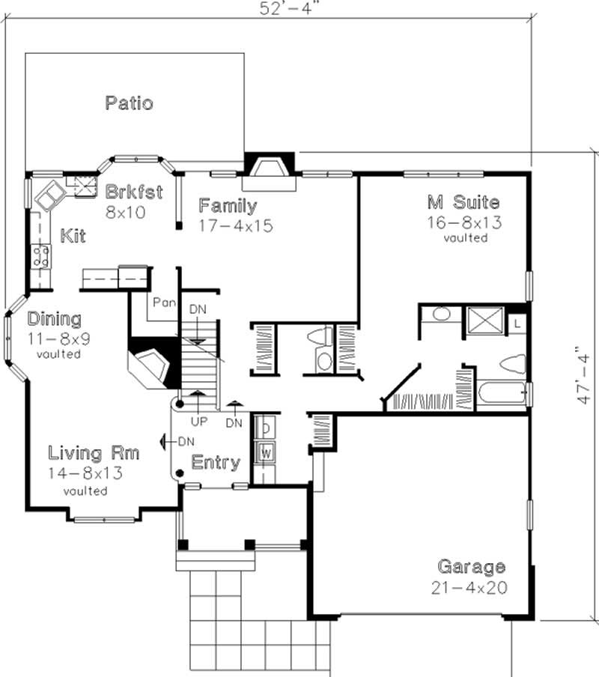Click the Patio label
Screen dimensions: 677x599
(129, 103)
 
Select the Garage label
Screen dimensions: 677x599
(471, 566)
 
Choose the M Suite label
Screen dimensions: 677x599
(463, 201)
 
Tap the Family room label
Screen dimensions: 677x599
(228, 205)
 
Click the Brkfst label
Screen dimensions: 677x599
(134, 191)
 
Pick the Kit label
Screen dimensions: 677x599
(73, 237)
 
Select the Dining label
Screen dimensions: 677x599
(55, 319)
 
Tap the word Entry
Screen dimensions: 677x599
(216, 462)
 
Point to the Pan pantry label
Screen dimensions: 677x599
(163, 303)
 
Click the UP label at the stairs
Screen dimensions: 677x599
(198, 422)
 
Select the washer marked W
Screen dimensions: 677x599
(264, 452)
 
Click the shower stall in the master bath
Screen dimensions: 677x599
(484, 323)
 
